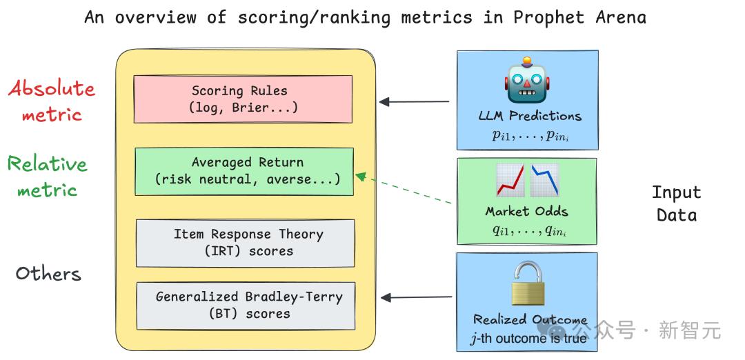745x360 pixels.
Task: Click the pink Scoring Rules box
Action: click(x=243, y=99)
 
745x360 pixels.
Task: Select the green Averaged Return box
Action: click(x=244, y=172)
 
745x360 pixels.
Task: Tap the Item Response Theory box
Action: click(x=245, y=243)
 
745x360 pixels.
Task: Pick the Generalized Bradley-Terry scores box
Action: click(x=246, y=306)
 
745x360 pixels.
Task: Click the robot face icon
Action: click(x=526, y=81)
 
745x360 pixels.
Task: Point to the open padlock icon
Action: click(x=528, y=283)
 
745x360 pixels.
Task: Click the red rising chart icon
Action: click(x=510, y=180)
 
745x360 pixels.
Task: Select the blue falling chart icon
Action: click(x=544, y=180)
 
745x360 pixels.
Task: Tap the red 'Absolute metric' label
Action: click(x=52, y=101)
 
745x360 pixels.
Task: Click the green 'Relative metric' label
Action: click(x=48, y=177)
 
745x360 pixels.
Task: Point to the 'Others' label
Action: click(x=48, y=274)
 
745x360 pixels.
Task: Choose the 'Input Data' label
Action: click(x=676, y=203)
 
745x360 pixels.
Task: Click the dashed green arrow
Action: click(x=404, y=189)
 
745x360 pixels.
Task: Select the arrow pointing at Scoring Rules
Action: click(x=414, y=101)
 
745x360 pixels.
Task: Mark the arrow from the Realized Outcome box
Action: click(x=416, y=297)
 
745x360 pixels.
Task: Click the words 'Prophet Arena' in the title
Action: click(x=579, y=17)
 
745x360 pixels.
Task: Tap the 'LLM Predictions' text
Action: click(x=530, y=116)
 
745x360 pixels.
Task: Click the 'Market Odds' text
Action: click(x=526, y=211)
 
